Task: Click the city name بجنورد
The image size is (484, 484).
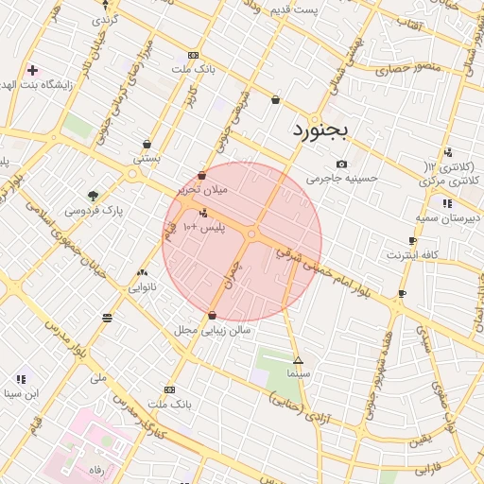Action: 320,130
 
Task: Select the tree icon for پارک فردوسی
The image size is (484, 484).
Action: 92,196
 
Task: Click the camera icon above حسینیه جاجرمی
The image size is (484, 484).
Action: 341,164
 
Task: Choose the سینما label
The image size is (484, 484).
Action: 299,374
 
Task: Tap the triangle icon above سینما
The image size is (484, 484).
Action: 299,360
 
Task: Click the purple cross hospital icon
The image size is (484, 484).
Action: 33,70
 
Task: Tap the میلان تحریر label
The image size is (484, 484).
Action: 203,190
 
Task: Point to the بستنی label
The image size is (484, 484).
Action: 146,159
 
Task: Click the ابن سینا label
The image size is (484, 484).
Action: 20,393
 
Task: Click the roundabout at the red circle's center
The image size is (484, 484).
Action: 252,233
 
